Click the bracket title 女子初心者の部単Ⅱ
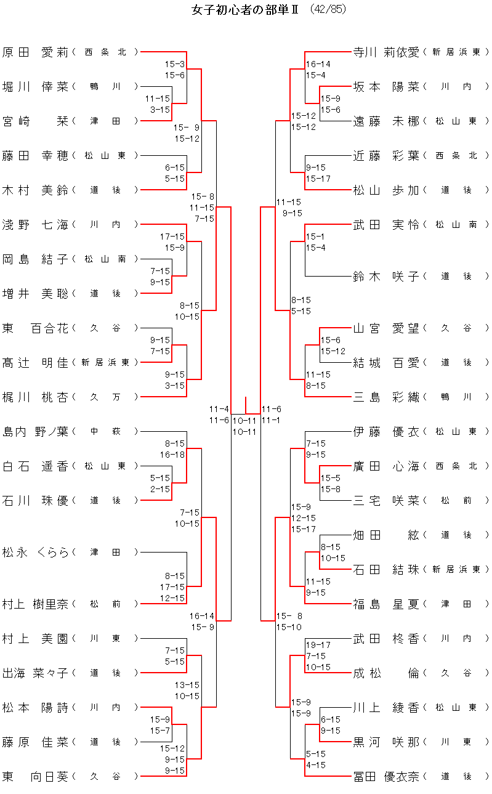(244, 10)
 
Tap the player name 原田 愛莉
(35, 52)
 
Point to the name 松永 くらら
(35, 552)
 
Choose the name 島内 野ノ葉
(35, 431)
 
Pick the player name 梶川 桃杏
(35, 397)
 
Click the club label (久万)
(105, 397)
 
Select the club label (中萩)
(105, 431)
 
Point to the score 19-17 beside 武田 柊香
(318, 645)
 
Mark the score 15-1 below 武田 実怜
(315, 237)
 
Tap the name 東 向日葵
(35, 776)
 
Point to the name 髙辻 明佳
(35, 362)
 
